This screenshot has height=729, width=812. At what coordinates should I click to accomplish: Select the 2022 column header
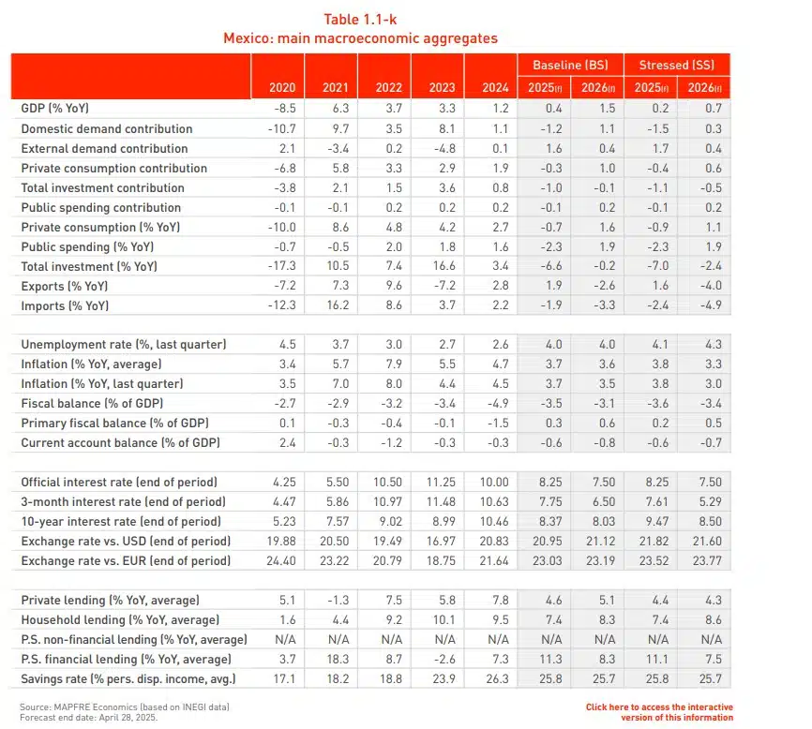tap(388, 88)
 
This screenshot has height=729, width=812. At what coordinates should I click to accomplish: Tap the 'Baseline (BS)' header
tap(570, 66)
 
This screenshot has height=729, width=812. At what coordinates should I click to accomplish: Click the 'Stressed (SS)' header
tap(676, 66)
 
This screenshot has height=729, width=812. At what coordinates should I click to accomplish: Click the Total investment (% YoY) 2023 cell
tap(442, 266)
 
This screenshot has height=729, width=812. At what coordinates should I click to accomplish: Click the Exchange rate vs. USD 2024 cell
tap(493, 541)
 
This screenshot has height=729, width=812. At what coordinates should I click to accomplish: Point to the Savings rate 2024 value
tap(494, 678)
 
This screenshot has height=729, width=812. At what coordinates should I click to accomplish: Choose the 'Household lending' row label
tap(120, 619)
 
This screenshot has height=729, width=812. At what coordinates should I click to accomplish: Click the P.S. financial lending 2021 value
tap(335, 659)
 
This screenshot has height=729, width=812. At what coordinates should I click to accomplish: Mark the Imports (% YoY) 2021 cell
tap(335, 305)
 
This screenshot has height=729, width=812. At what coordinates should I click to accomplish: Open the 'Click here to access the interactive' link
tap(659, 707)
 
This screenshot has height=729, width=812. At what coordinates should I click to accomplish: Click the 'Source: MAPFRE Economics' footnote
tap(125, 706)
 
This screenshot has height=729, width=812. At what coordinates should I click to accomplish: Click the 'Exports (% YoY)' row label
tap(65, 286)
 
